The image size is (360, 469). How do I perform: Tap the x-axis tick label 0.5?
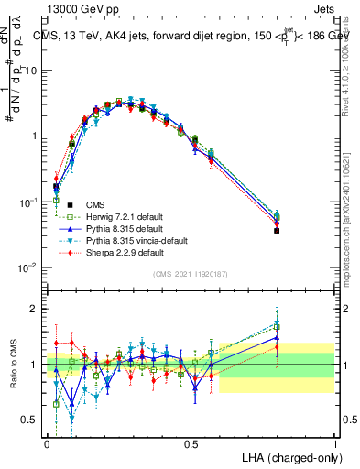191,443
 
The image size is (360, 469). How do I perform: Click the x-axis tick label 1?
334,443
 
